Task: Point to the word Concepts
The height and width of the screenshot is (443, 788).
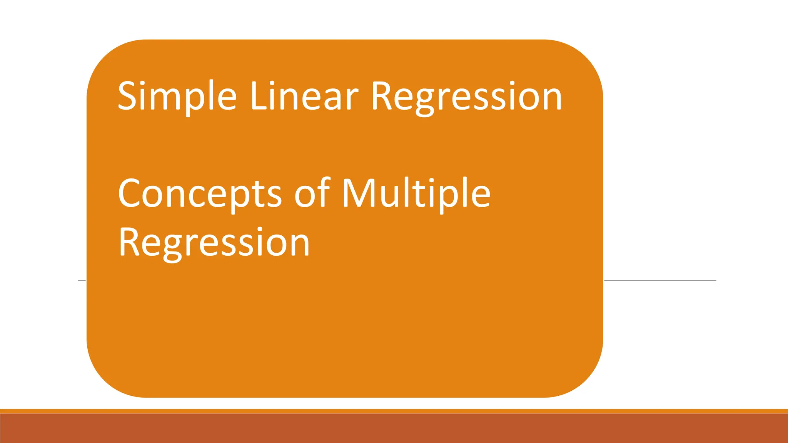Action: click(200, 194)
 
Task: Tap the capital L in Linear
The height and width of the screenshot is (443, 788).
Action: click(258, 96)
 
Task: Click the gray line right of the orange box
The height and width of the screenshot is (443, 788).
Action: click(660, 281)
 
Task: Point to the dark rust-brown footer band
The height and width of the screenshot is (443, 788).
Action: click(394, 428)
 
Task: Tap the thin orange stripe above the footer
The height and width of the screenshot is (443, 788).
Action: click(394, 411)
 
